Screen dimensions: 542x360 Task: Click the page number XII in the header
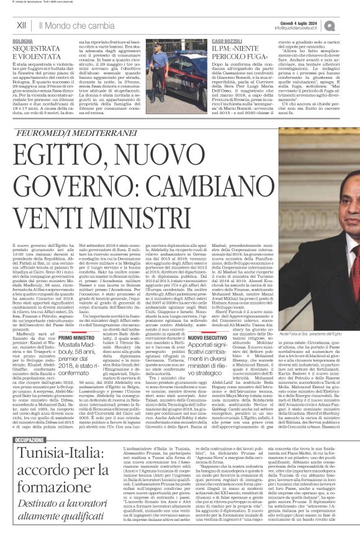tap(21, 25)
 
